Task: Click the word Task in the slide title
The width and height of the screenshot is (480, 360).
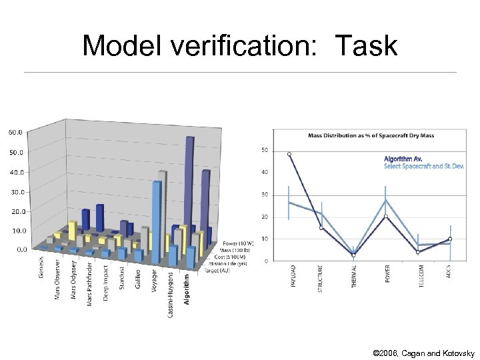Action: [x=366, y=46]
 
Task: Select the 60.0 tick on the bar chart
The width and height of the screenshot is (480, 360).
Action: [x=15, y=132]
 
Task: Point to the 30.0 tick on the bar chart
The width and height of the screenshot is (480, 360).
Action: [x=15, y=191]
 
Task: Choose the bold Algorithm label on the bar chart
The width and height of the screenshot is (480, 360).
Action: [x=187, y=288]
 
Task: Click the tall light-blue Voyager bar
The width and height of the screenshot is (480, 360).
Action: [x=157, y=220]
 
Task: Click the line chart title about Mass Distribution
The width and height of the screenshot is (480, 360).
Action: [x=371, y=135]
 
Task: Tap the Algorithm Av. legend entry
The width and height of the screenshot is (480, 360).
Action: [x=403, y=159]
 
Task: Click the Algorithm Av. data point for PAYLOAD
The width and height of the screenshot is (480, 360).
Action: [x=289, y=155]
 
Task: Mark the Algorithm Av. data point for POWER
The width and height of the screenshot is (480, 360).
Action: [x=386, y=216]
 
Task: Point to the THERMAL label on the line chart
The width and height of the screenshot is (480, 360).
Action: [x=354, y=275]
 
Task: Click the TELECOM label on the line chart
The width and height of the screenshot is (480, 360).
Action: [x=418, y=275]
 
